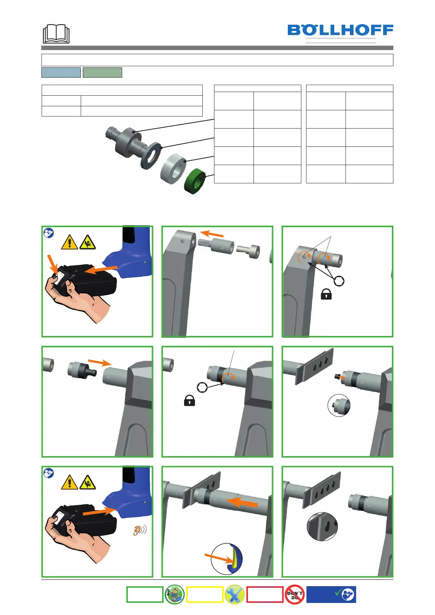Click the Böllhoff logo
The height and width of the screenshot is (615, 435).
340,30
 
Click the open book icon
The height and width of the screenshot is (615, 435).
56,34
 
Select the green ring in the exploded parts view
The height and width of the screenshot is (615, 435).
195,181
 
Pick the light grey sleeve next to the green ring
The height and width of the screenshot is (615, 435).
173,169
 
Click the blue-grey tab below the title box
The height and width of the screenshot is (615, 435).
61,72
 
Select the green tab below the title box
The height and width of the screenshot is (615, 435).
102,72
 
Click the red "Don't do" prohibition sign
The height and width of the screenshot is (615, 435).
294,595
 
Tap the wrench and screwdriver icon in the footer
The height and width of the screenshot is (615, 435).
234,595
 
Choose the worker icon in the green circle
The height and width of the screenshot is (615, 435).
174,595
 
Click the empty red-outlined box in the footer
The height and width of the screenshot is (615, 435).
265,595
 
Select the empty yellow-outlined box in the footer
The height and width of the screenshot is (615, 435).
205,595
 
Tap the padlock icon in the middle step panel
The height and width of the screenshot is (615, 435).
190,401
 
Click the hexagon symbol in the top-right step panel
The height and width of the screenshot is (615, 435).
339,281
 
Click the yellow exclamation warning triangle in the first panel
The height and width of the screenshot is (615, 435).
69,242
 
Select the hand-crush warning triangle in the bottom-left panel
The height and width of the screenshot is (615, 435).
88,482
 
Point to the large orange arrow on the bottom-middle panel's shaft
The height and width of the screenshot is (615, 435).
242,503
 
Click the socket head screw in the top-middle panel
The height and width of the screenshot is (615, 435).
248,252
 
